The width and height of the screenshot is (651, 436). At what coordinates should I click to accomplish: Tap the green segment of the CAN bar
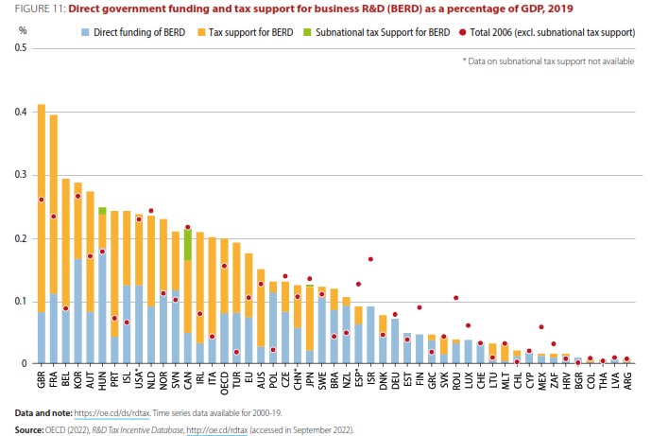[188, 244]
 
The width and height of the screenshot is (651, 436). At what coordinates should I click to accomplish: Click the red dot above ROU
[456, 298]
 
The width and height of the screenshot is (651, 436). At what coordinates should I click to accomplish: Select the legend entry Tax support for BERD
[266, 32]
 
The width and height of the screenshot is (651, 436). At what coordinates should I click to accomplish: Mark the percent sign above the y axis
[22, 29]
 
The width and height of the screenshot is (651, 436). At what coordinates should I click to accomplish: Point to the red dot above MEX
[541, 327]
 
